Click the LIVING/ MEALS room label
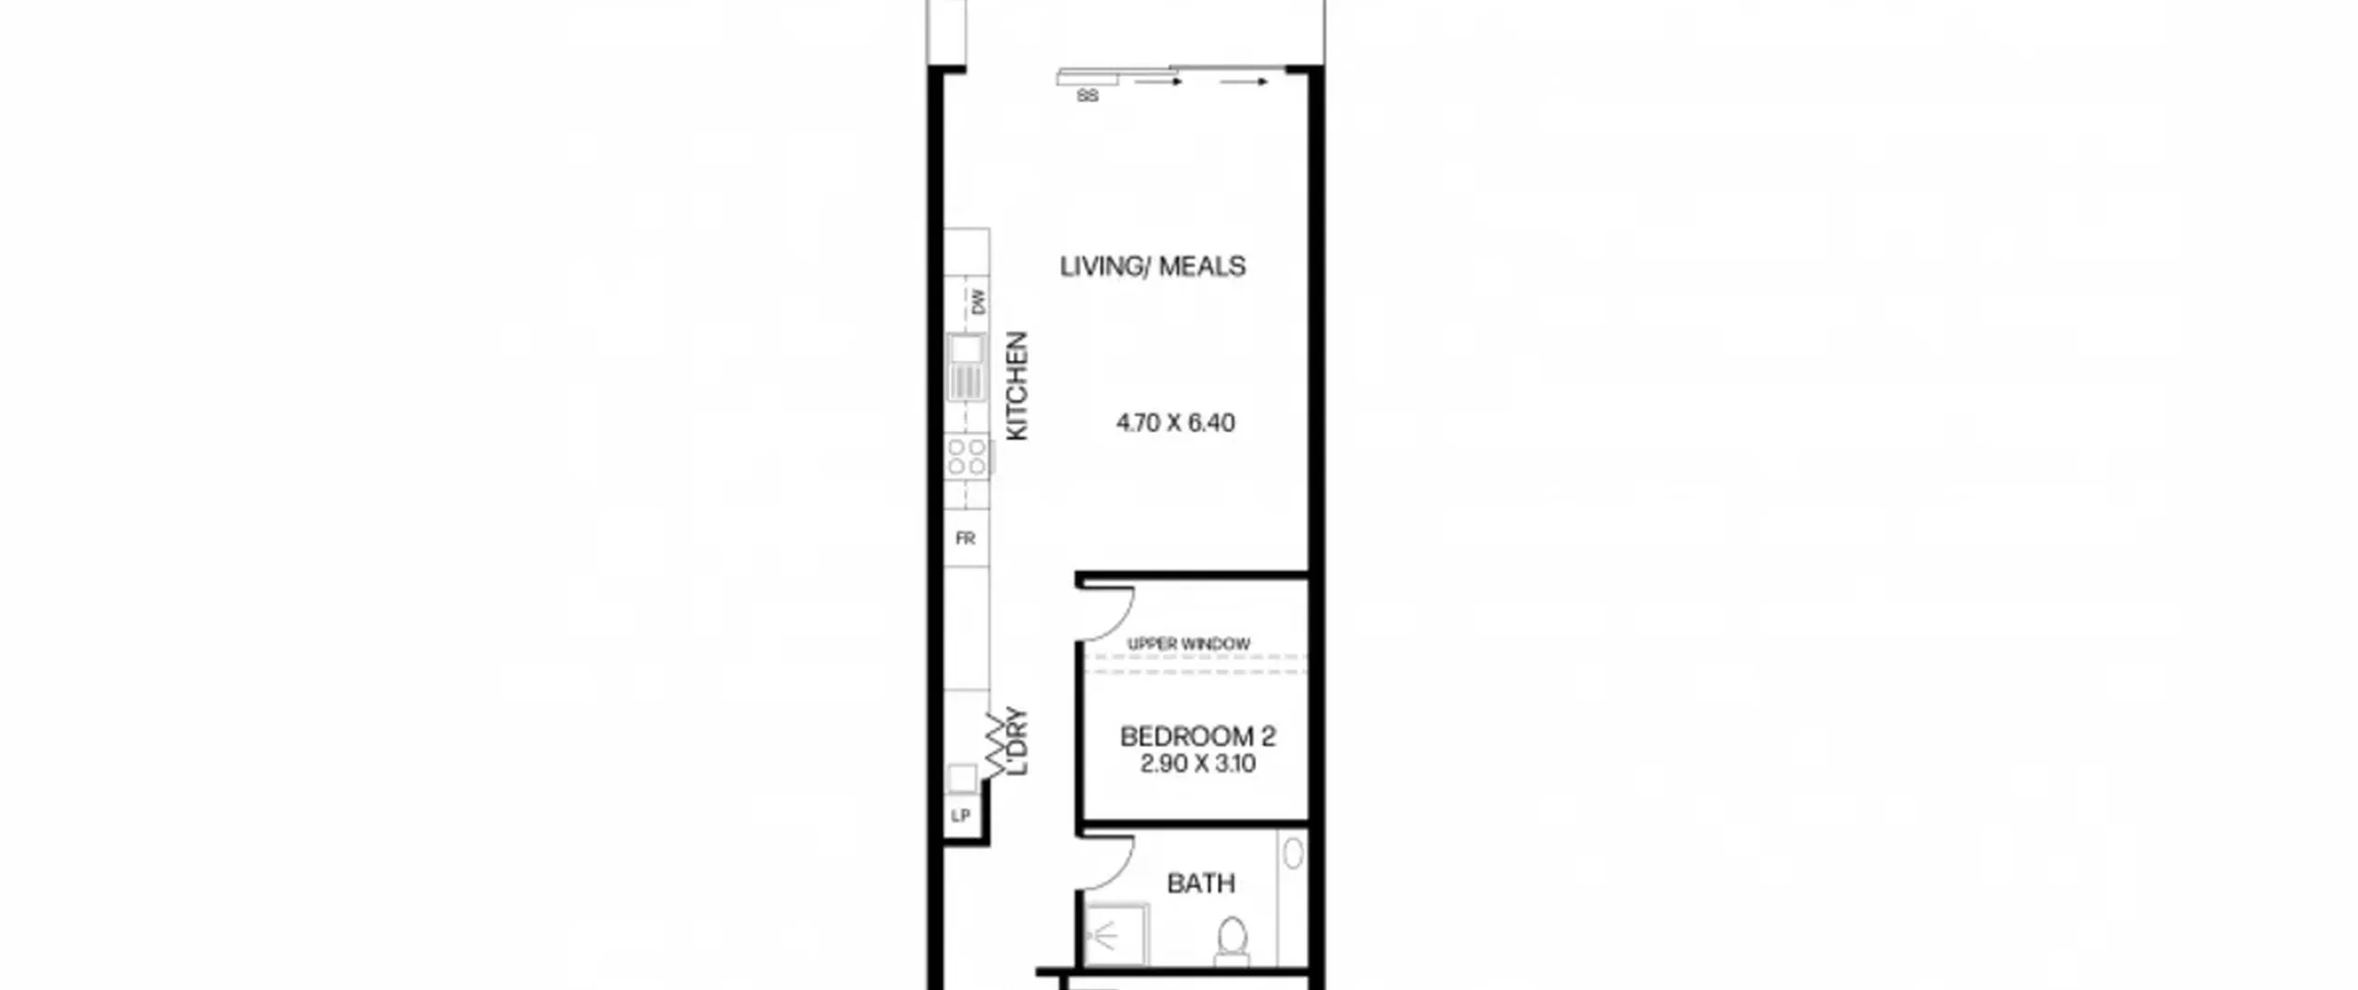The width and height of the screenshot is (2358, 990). point(1152,266)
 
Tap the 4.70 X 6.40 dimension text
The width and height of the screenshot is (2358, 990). point(1175,423)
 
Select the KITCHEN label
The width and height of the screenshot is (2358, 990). point(1017,386)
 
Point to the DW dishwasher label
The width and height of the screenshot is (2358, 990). point(977,302)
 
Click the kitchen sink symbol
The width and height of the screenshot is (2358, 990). point(965,367)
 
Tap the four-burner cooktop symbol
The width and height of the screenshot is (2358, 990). point(967,457)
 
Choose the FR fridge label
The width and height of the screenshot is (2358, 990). point(965,539)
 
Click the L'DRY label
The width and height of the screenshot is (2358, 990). point(1017,741)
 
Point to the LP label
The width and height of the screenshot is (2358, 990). point(961,816)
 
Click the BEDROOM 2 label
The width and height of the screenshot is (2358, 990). point(1197,737)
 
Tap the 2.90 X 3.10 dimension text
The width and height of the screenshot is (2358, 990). point(1197,763)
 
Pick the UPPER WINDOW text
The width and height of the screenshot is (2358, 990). point(1188,644)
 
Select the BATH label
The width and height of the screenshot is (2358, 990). point(1200,884)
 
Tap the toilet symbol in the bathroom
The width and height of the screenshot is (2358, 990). point(1232,940)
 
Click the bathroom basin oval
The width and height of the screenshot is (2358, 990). point(1293,853)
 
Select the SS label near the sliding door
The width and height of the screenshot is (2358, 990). point(1088,96)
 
